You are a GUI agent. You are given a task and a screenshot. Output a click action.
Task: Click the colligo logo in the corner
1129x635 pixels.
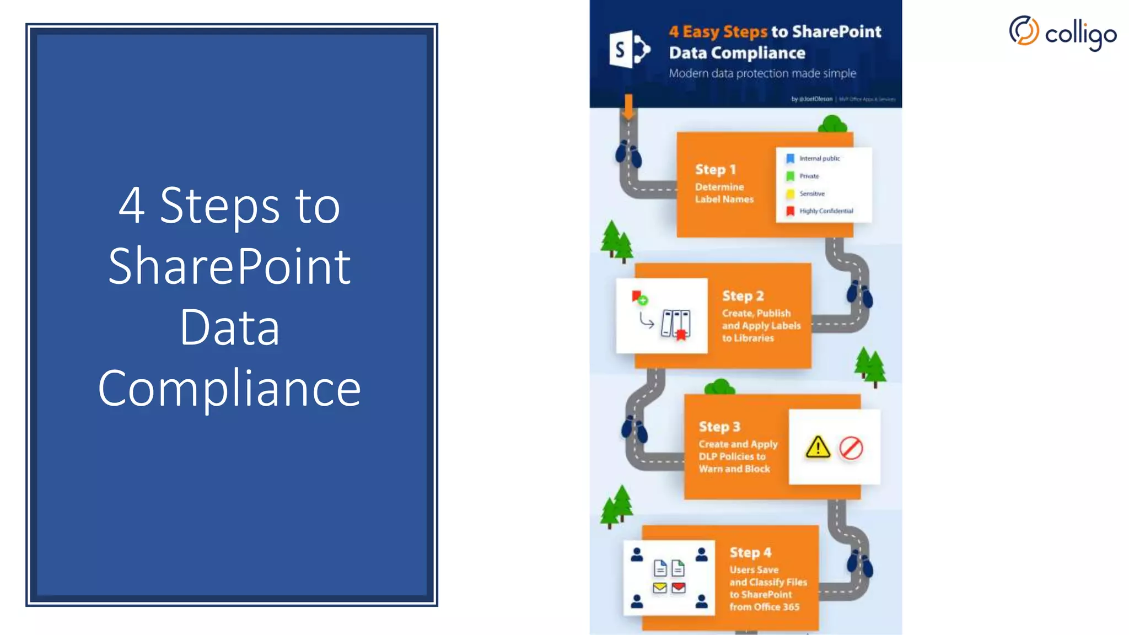click(1062, 33)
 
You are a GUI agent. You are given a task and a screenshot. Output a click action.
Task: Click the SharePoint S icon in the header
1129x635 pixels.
click(629, 50)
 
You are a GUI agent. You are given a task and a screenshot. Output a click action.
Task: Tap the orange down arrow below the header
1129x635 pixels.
click(628, 107)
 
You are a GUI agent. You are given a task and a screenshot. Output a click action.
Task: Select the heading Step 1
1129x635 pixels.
click(715, 170)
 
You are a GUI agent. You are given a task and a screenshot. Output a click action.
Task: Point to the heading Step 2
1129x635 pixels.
click(743, 296)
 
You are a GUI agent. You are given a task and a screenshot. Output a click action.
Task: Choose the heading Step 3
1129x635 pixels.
click(719, 427)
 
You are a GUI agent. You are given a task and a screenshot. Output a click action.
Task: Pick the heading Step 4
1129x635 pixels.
click(750, 552)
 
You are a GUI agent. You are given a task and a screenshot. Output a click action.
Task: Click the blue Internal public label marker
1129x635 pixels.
click(790, 159)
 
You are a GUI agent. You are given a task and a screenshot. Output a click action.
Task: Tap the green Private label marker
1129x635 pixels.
click(790, 176)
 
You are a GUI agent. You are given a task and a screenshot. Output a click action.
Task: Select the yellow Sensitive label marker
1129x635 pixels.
click(790, 193)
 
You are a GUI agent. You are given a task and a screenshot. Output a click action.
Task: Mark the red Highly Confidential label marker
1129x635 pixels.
click(790, 211)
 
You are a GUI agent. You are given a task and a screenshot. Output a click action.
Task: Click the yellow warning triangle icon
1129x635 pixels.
click(818, 448)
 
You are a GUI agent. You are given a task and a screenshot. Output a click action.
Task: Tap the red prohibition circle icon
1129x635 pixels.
click(851, 448)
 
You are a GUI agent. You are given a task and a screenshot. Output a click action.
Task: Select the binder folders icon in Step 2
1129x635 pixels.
click(675, 324)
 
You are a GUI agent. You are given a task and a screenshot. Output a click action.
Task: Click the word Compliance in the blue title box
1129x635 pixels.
click(229, 388)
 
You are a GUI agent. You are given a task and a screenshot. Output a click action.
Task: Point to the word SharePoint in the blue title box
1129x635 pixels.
click(229, 266)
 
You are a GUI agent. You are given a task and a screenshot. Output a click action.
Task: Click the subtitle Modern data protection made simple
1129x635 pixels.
click(762, 73)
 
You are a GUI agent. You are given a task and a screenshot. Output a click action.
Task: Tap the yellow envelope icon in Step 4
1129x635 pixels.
click(660, 588)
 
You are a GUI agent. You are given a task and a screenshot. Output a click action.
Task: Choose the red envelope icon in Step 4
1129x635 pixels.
click(679, 588)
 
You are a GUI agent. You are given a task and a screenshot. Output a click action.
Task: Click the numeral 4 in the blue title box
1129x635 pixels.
click(132, 206)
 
